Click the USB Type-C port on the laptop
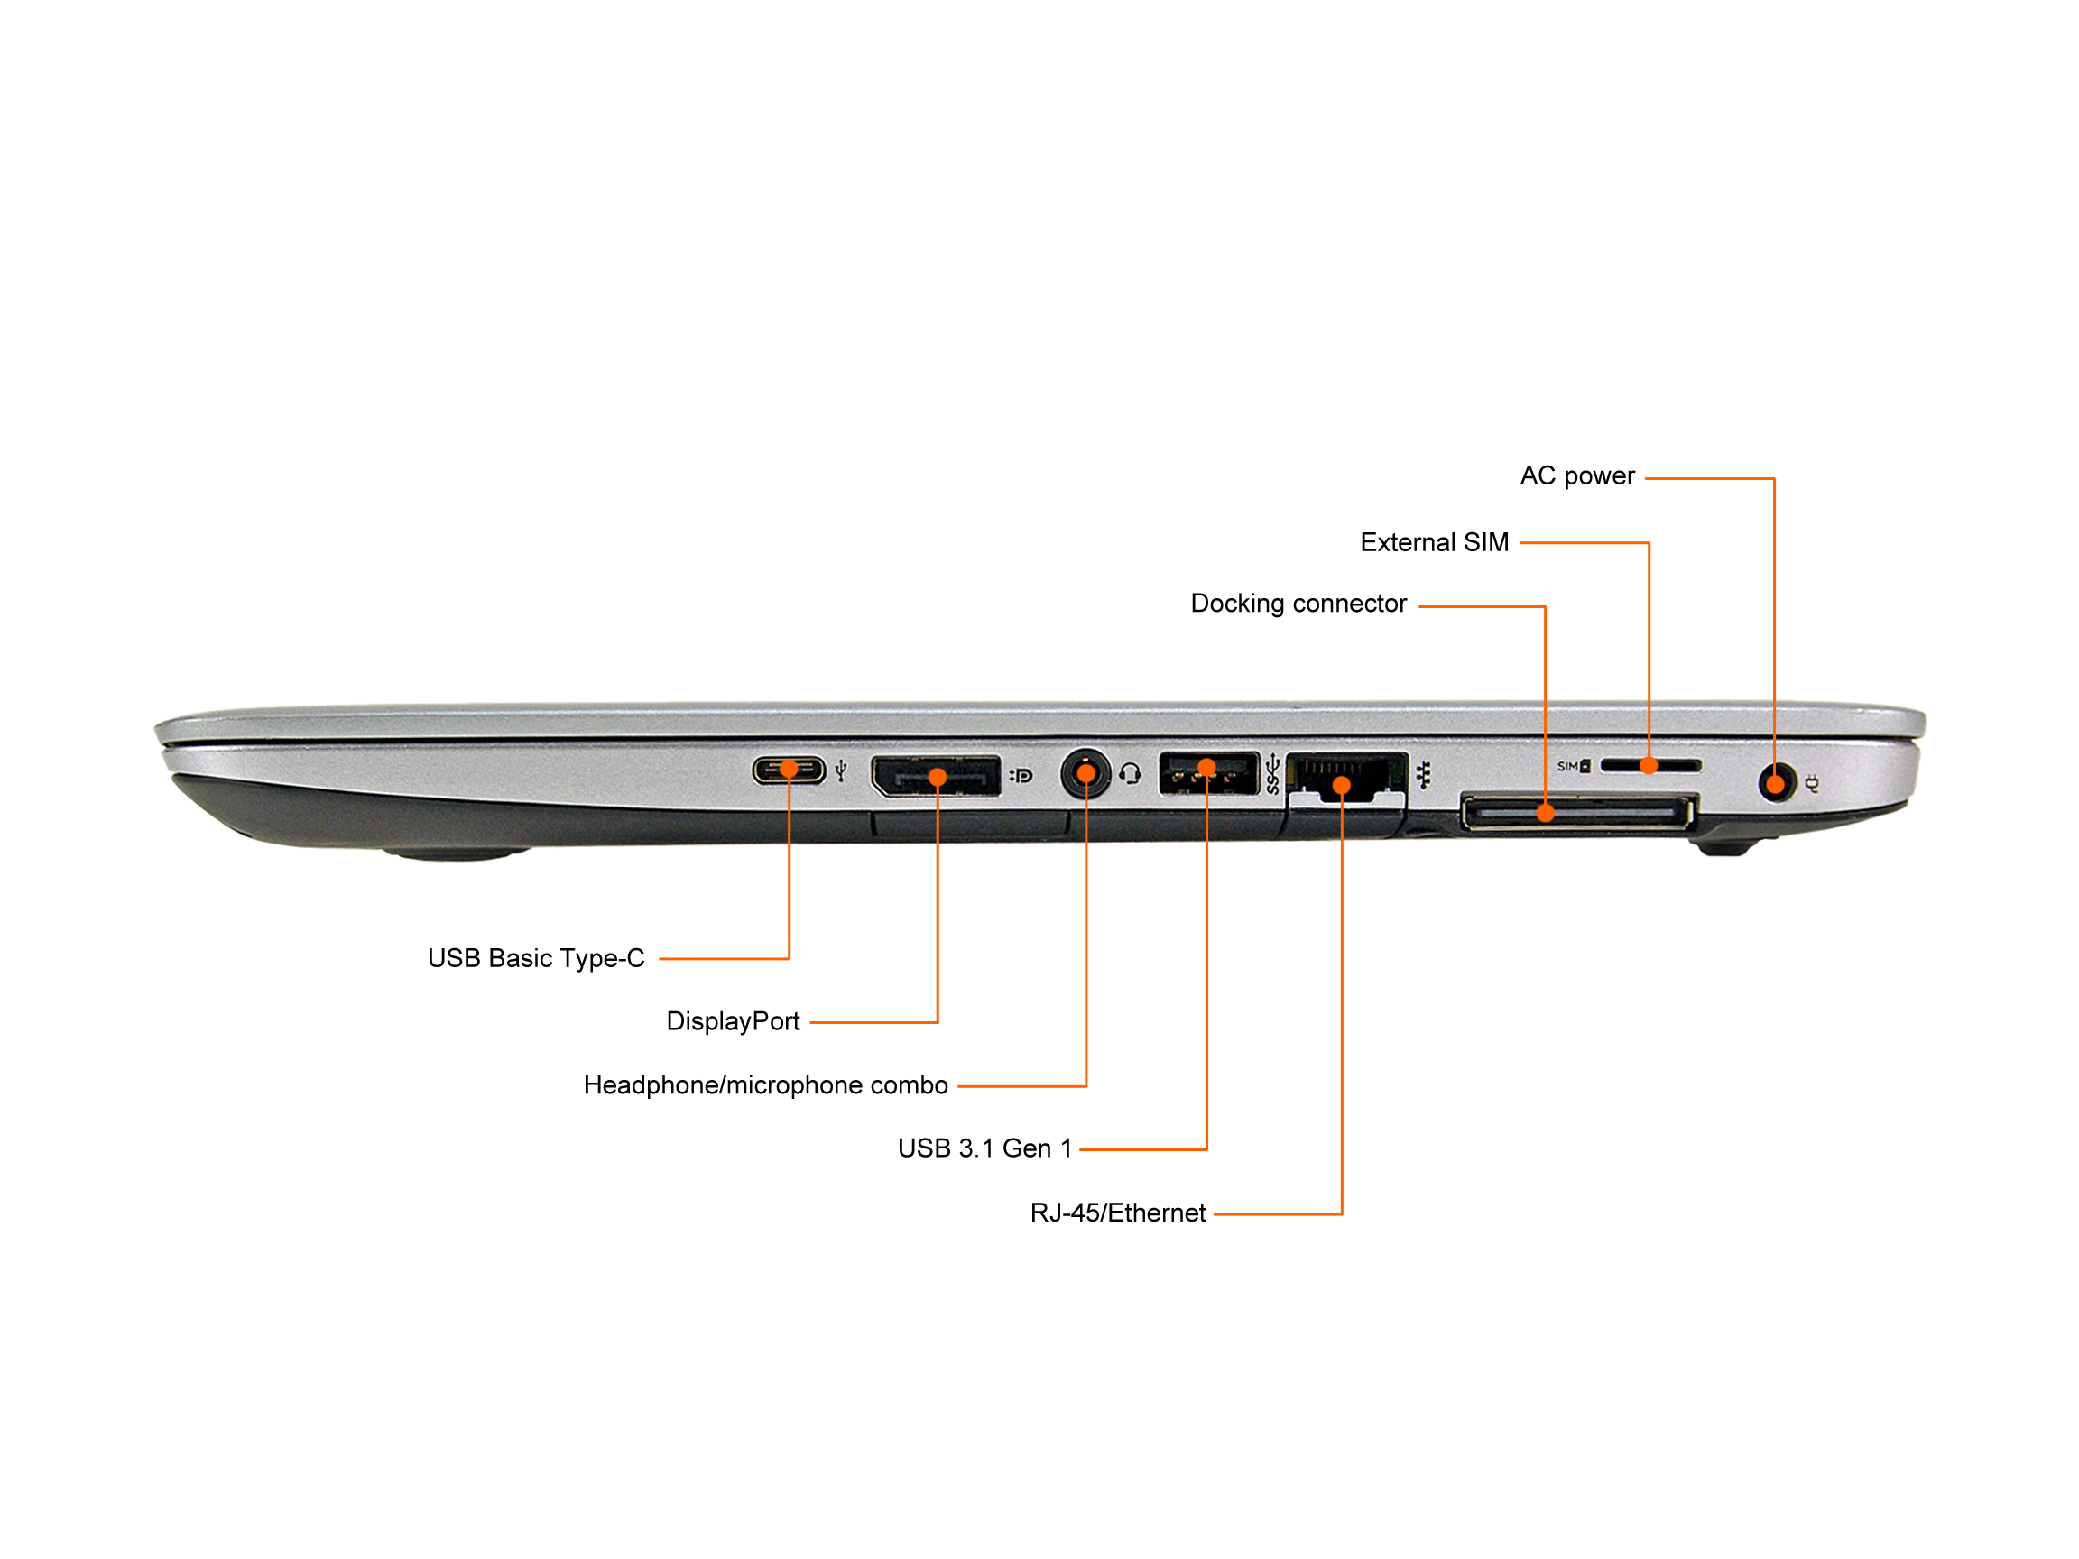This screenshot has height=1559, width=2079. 789,770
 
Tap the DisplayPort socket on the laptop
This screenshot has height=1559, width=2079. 936,776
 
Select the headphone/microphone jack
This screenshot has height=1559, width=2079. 1086,774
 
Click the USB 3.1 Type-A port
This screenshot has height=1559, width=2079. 1208,773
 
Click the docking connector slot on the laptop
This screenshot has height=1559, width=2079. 1578,812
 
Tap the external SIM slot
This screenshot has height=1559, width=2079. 1650,766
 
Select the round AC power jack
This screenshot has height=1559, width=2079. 1776,783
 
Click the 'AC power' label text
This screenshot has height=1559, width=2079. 1577,476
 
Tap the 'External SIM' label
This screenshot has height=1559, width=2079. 1434,542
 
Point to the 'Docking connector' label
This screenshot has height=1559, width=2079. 1298,604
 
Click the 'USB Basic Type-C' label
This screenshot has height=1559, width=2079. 536,957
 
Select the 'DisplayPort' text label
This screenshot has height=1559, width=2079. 732,1021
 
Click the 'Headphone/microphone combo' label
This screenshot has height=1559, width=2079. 765,1085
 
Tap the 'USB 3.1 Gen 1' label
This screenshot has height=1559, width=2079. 984,1148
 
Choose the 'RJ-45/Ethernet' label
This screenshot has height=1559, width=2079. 1117,1213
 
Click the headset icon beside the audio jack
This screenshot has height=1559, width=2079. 1130,773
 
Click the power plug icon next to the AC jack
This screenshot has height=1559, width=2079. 1812,784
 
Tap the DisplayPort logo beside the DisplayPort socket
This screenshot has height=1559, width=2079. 1021,775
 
